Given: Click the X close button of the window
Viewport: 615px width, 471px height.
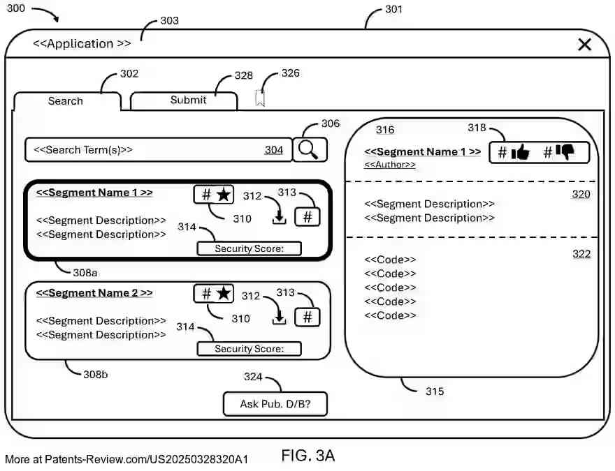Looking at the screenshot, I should tap(584, 45).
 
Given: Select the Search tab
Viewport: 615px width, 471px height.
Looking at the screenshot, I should tap(66, 101).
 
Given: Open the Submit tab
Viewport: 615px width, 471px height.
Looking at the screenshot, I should tap(188, 100).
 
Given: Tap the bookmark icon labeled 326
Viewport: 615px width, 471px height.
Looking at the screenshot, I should tap(260, 98).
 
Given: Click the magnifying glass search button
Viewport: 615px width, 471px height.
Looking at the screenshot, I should tap(309, 149).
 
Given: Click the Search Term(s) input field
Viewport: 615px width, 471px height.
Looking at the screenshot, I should tap(158, 150).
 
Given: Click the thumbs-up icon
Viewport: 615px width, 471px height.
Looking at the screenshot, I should tap(521, 153).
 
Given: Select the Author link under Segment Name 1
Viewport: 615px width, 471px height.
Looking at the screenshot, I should tap(389, 165).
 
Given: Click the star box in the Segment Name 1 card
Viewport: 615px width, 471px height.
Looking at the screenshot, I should tap(215, 195).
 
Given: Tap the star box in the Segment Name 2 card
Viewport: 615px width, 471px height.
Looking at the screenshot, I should tap(215, 294).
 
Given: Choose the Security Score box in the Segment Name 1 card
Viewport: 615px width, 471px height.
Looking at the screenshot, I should tap(249, 248).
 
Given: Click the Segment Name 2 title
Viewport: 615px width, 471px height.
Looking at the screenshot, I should tap(94, 293).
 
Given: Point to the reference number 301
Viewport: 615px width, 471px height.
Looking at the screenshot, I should tap(393, 10).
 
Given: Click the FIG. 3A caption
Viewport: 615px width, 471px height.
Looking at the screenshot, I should tap(308, 456).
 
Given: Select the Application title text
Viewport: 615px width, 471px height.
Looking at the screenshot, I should tap(82, 43).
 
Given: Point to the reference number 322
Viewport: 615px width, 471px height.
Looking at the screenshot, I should tap(581, 254).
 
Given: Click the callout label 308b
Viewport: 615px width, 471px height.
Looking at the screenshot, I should tap(96, 374).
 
